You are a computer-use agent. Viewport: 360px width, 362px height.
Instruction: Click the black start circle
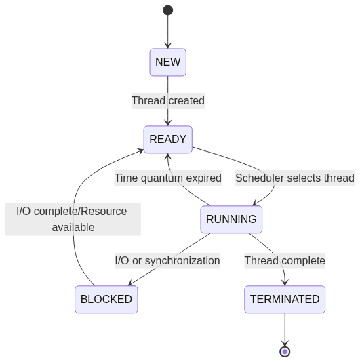pyautogui.click(x=168, y=10)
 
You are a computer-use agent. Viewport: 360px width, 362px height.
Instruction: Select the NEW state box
pyautogui.click(x=168, y=62)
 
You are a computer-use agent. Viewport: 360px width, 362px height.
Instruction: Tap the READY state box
pyautogui.click(x=168, y=140)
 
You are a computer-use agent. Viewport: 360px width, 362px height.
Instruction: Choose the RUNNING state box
pyautogui.click(x=231, y=220)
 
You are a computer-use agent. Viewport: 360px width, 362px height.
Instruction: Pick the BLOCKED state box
pyautogui.click(x=106, y=300)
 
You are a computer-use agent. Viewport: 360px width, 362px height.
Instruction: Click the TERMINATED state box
pyautogui.click(x=285, y=300)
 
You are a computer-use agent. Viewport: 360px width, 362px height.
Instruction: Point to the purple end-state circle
pyautogui.click(x=285, y=352)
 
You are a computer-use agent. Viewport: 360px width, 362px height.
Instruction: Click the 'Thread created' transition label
pyautogui.click(x=168, y=101)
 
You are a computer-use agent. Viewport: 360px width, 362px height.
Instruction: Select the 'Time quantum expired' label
pyautogui.click(x=168, y=178)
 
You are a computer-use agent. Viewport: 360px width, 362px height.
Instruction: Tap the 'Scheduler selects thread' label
pyautogui.click(x=295, y=178)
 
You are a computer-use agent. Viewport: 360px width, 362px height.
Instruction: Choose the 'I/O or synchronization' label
pyautogui.click(x=167, y=261)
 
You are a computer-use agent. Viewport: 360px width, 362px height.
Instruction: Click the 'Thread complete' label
pyautogui.click(x=285, y=261)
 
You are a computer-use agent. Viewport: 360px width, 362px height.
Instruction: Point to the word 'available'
pyautogui.click(x=73, y=228)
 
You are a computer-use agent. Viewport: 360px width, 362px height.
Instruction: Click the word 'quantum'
pyautogui.click(x=162, y=179)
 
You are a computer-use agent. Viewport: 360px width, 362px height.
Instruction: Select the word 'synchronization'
pyautogui.click(x=182, y=261)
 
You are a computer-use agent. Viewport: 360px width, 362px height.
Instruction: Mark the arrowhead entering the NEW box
pyautogui.click(x=168, y=45)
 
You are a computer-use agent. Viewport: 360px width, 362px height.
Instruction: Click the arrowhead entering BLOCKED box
pyautogui.click(x=131, y=283)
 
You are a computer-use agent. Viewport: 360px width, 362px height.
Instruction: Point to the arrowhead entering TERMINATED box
pyautogui.click(x=285, y=283)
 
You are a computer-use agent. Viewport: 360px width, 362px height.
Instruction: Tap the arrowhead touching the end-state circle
pyautogui.click(x=285, y=343)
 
